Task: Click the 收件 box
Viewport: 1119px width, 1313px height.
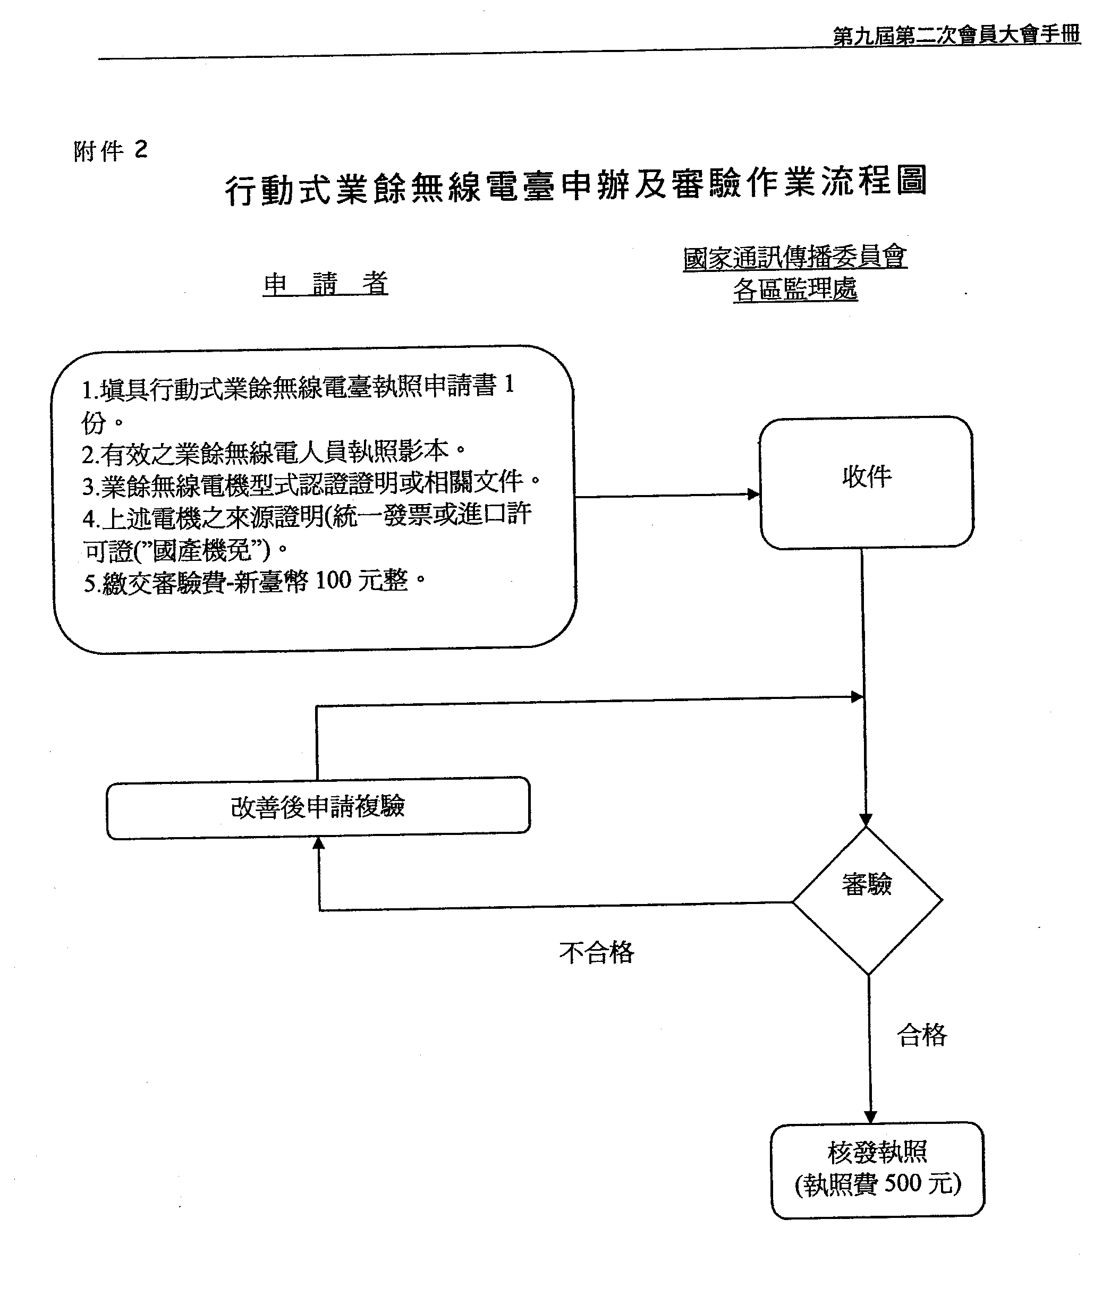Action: click(x=866, y=482)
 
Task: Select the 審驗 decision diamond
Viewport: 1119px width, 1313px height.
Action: click(x=867, y=900)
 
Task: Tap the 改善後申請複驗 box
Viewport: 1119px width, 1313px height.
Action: click(x=318, y=808)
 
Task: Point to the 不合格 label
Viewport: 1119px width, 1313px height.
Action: click(x=597, y=952)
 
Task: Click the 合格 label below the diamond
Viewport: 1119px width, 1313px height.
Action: click(x=922, y=1035)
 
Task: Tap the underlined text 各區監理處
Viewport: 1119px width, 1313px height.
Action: click(x=795, y=289)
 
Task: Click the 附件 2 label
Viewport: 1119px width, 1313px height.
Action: click(x=111, y=151)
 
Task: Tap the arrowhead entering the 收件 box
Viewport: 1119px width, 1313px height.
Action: click(x=754, y=494)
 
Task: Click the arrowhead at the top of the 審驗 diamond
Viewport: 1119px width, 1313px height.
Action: click(x=866, y=820)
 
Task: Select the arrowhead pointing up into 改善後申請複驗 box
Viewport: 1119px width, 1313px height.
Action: click(x=319, y=843)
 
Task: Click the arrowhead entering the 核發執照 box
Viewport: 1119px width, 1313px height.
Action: click(x=870, y=1117)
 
